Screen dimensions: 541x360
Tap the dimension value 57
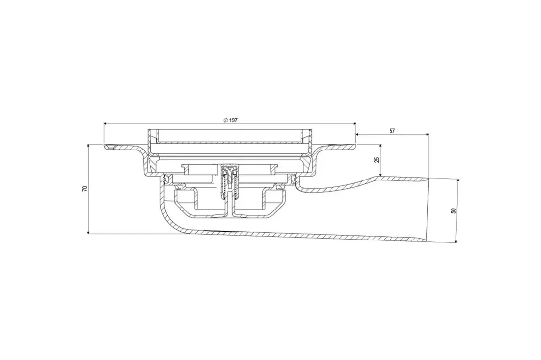pyautogui.click(x=392, y=131)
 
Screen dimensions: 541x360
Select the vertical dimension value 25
pyautogui.click(x=377, y=160)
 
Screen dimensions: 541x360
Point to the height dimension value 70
pyautogui.click(x=85, y=189)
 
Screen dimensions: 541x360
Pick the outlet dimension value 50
pyautogui.click(x=454, y=210)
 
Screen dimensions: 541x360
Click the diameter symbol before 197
pyautogui.click(x=225, y=120)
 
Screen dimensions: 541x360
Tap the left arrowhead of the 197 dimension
pyautogui.click(x=106, y=123)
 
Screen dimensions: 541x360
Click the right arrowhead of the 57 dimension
pyautogui.click(x=427, y=134)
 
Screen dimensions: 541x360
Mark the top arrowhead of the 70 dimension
pyautogui.click(x=89, y=147)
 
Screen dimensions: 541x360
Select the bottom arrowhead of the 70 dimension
pyautogui.click(x=89, y=232)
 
